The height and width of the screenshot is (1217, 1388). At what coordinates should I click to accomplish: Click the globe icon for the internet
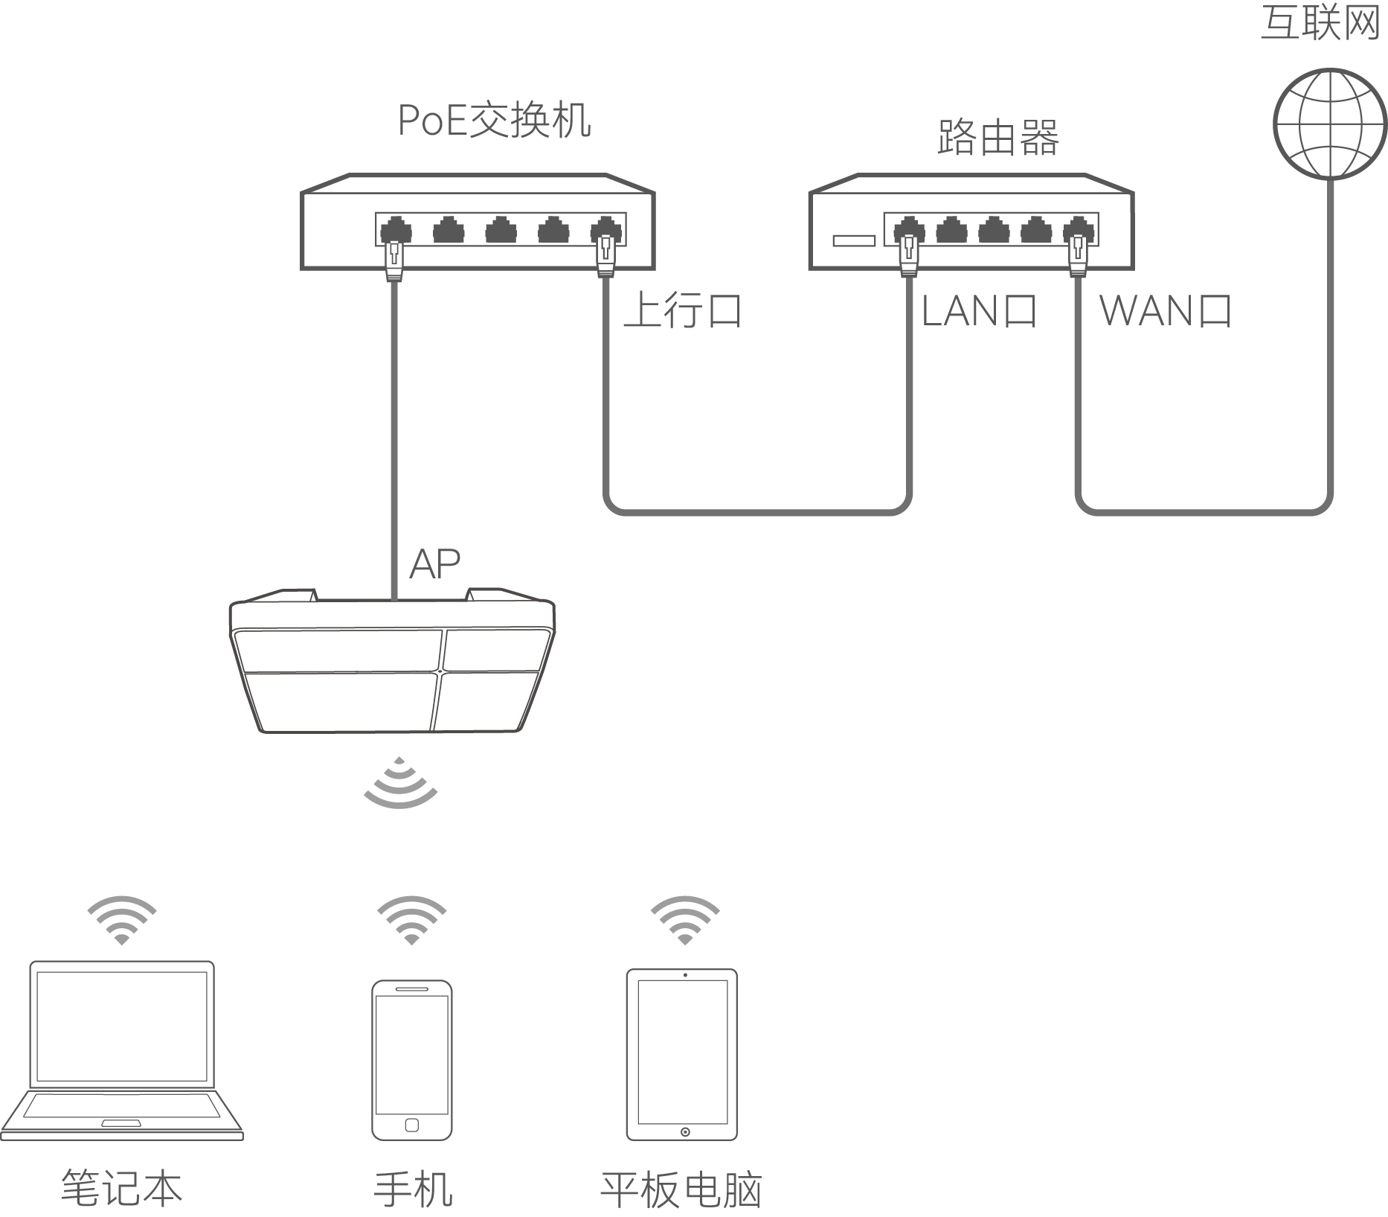1330,124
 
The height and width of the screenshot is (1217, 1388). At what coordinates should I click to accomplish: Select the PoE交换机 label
495,121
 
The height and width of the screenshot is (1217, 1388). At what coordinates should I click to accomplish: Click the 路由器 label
997,138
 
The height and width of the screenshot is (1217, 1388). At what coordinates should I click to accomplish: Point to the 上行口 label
682,310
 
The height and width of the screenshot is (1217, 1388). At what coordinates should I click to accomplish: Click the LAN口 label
978,310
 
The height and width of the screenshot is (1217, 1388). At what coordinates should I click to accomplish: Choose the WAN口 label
1165,310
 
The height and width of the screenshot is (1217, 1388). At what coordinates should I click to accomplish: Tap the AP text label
435,564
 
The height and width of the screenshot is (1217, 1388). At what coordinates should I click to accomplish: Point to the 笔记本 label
121,1186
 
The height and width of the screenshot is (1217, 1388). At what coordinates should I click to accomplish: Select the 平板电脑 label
681,1188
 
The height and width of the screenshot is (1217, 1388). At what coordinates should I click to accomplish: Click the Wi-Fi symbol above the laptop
121,920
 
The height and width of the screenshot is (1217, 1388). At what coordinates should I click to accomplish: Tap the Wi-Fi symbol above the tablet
684,920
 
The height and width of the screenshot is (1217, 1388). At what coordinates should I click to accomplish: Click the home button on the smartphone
411,1125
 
